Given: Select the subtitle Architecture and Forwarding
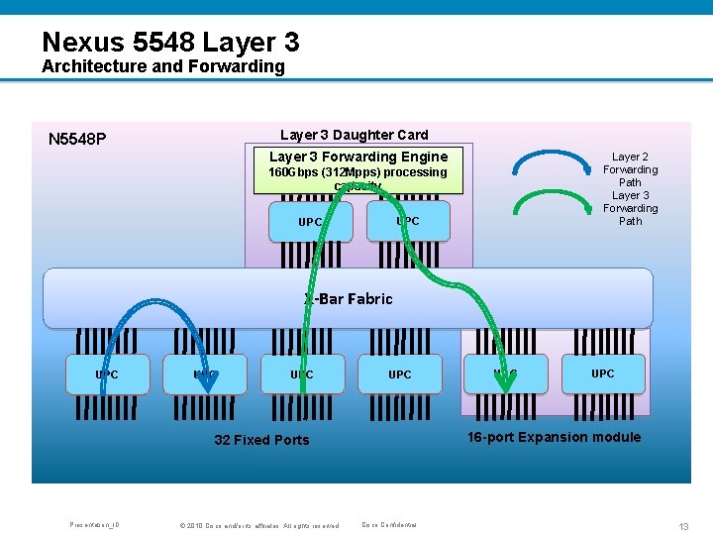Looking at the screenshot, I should [162, 67].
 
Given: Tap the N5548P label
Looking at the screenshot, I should [77, 140].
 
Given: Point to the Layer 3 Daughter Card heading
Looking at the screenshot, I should [355, 135].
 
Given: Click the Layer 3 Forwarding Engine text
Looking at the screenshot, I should [358, 157].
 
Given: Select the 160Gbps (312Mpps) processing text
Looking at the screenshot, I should [358, 172].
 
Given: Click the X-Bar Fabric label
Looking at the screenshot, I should [349, 298].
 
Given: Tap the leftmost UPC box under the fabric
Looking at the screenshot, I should [107, 374].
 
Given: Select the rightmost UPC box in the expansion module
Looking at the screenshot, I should [602, 374].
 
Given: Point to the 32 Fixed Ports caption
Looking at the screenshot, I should [261, 440].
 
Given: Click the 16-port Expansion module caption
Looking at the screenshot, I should [554, 437].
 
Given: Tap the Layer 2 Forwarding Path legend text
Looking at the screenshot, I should [630, 169].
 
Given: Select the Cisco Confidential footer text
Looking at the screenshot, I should [389, 525].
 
